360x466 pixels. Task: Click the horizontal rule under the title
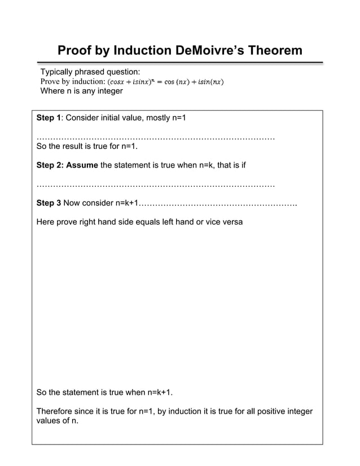point(180,63)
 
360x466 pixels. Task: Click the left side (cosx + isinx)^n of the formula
point(130,82)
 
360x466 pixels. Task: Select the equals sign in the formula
point(160,82)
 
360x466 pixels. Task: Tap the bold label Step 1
point(49,118)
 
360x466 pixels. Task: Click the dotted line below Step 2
point(155,184)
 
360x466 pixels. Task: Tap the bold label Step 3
point(49,203)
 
